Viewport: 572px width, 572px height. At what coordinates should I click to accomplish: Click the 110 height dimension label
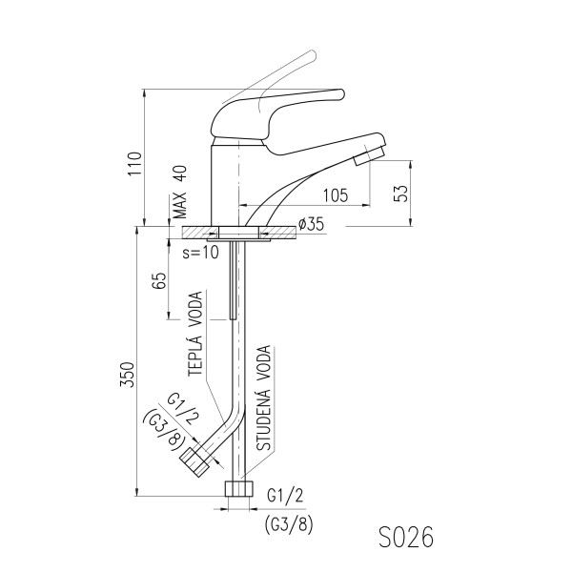pos(134,164)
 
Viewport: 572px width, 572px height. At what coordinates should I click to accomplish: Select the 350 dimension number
pos(128,375)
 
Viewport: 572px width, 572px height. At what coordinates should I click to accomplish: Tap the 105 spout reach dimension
pos(336,195)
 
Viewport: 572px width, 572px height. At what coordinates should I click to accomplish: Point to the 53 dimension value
pos(400,194)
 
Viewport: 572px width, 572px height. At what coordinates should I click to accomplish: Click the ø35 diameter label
pos(311,224)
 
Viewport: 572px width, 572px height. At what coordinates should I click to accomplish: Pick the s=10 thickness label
pos(201,252)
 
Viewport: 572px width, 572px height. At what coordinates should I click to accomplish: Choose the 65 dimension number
pos(159,280)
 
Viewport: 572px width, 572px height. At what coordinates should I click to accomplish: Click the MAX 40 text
pos(179,193)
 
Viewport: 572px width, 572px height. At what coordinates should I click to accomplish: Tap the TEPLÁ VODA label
pos(195,334)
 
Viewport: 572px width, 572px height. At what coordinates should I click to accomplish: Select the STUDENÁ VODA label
pos(263,398)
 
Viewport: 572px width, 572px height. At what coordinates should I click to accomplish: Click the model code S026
pos(406,537)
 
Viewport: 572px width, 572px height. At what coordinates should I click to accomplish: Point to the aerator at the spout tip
pos(369,155)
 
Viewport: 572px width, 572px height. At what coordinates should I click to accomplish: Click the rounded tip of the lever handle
pos(340,94)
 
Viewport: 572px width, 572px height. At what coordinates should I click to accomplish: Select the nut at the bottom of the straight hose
pos(239,488)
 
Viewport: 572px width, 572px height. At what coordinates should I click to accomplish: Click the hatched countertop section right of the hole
pos(277,233)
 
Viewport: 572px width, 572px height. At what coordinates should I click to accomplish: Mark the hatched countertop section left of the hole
pos(200,233)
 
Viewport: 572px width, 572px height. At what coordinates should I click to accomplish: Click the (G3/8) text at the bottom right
pos(289,525)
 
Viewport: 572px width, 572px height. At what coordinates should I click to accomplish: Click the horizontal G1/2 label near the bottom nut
pos(285,496)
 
